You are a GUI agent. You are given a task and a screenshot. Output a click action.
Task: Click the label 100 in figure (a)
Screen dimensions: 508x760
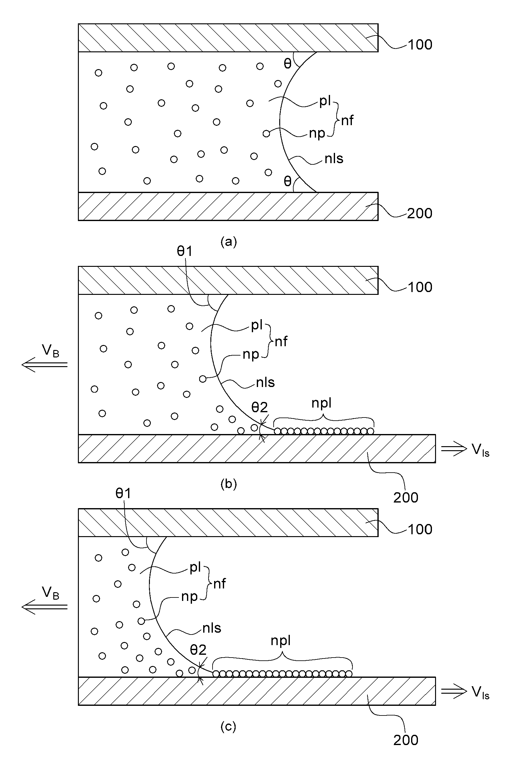tap(420, 45)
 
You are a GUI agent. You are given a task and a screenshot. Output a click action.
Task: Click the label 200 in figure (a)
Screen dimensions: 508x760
tap(419, 213)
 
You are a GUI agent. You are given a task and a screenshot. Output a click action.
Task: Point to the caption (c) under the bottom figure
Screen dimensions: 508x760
tap(228, 726)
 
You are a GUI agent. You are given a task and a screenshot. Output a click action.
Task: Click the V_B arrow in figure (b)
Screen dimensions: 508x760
tap(44, 365)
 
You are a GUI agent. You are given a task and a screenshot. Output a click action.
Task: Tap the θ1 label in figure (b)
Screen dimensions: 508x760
tap(185, 251)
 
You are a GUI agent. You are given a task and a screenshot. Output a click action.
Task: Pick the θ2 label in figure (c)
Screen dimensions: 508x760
tap(198, 649)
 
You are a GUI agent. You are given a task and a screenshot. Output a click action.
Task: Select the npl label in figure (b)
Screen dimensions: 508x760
tap(321, 403)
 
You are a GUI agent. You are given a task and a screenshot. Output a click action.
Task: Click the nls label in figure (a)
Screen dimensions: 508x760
tap(334, 158)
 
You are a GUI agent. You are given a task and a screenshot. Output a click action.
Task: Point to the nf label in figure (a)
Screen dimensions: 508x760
tap(347, 120)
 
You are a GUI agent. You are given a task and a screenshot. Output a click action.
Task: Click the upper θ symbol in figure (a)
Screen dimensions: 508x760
tap(287, 64)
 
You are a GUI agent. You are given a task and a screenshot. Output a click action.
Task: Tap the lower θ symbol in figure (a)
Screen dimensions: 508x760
tap(287, 181)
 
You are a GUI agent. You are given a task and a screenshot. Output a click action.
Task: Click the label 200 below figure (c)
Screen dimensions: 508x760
tap(406, 740)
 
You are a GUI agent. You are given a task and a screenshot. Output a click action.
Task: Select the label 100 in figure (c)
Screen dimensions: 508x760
tap(420, 530)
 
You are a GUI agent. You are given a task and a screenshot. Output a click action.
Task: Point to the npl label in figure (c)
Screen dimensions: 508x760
tap(280, 641)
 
